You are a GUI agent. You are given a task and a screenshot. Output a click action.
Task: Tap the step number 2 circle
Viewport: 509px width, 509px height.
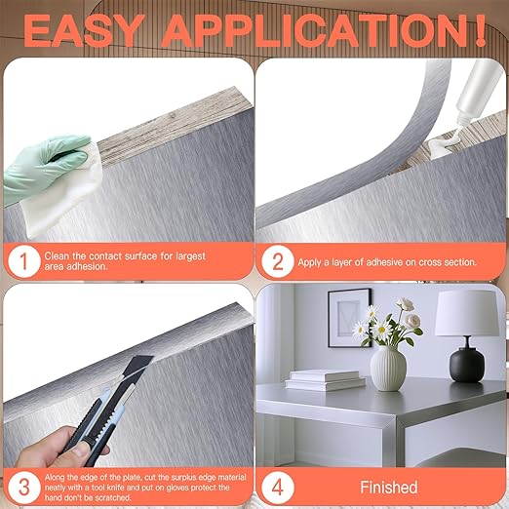tap(279, 261)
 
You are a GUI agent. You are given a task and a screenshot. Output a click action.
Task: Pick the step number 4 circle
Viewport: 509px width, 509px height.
tap(279, 485)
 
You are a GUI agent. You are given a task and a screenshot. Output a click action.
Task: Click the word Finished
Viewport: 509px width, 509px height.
tap(388, 487)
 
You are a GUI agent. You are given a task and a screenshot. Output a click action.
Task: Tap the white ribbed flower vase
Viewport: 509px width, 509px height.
tap(388, 370)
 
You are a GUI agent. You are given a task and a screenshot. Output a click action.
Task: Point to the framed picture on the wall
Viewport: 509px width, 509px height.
tap(348, 317)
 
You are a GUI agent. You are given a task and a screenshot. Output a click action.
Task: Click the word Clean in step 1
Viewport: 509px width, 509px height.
tap(59, 255)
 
